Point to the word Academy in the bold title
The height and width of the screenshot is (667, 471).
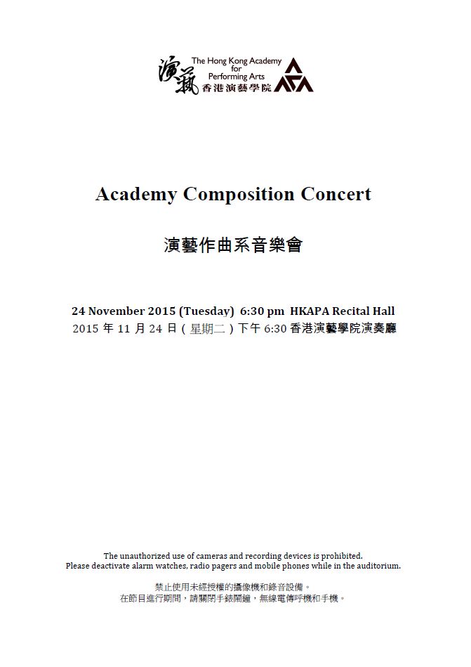pyautogui.click(x=136, y=195)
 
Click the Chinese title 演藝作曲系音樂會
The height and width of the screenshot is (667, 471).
pyautogui.click(x=233, y=246)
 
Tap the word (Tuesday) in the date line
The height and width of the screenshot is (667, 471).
pyautogui.click(x=206, y=311)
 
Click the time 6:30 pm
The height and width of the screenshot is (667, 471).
pyautogui.click(x=262, y=311)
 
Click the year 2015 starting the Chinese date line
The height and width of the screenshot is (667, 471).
pyautogui.click(x=86, y=329)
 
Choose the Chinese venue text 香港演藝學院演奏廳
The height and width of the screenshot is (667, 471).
pyautogui.click(x=343, y=329)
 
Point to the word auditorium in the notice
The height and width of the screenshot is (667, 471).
pyautogui.click(x=376, y=566)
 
